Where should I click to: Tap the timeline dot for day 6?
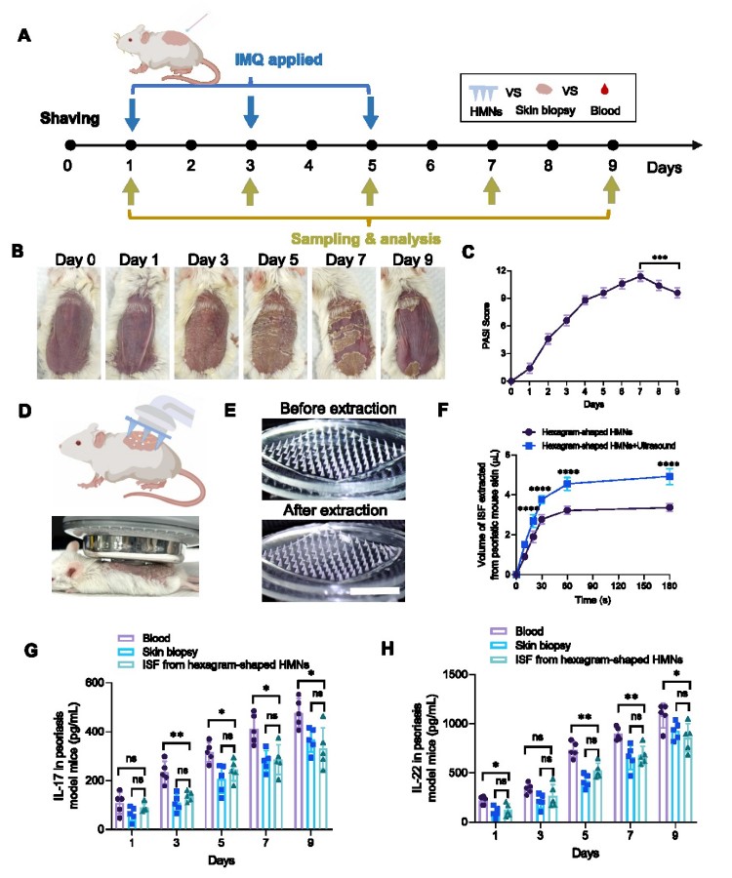click(430, 145)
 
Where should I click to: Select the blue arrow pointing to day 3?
click(251, 109)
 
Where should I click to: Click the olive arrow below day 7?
click(491, 189)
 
